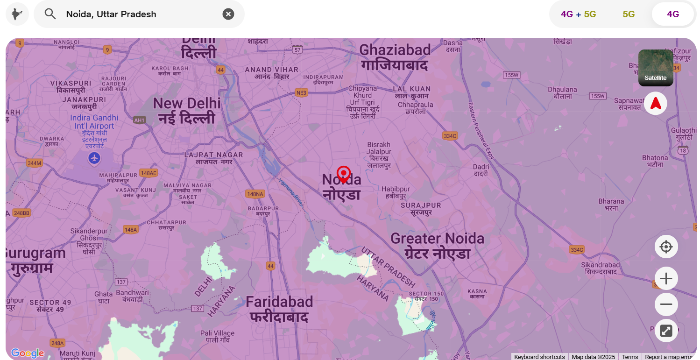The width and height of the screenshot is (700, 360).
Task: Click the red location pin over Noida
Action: pyautogui.click(x=344, y=174)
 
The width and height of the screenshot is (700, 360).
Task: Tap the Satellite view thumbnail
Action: pyautogui.click(x=656, y=68)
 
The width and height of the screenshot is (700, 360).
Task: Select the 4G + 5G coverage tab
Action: pyautogui.click(x=579, y=14)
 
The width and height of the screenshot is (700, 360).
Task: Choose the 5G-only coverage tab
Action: pyautogui.click(x=629, y=14)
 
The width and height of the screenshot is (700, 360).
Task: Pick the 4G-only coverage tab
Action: pyautogui.click(x=673, y=14)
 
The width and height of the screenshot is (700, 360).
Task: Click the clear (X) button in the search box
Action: pyautogui.click(x=228, y=14)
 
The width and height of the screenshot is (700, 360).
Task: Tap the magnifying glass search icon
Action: pyautogui.click(x=50, y=14)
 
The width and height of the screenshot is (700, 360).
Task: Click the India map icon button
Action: pyautogui.click(x=17, y=14)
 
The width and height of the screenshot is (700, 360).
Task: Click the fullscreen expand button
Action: pyautogui.click(x=666, y=331)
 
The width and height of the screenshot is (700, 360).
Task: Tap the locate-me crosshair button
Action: pyautogui.click(x=666, y=247)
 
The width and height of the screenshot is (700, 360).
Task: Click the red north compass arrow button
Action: pyautogui.click(x=656, y=103)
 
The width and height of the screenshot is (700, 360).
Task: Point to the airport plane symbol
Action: pyautogui.click(x=94, y=158)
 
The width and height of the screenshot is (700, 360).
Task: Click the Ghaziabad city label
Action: pyautogui.click(x=395, y=57)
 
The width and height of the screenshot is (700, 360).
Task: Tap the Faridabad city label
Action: pyautogui.click(x=279, y=309)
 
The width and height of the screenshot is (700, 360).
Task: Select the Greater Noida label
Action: pyautogui.click(x=437, y=246)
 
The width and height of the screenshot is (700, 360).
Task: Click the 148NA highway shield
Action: pyautogui.click(x=255, y=194)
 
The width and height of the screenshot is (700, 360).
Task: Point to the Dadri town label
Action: pyautogui.click(x=481, y=170)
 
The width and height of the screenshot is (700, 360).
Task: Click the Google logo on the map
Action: pyautogui.click(x=27, y=353)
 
